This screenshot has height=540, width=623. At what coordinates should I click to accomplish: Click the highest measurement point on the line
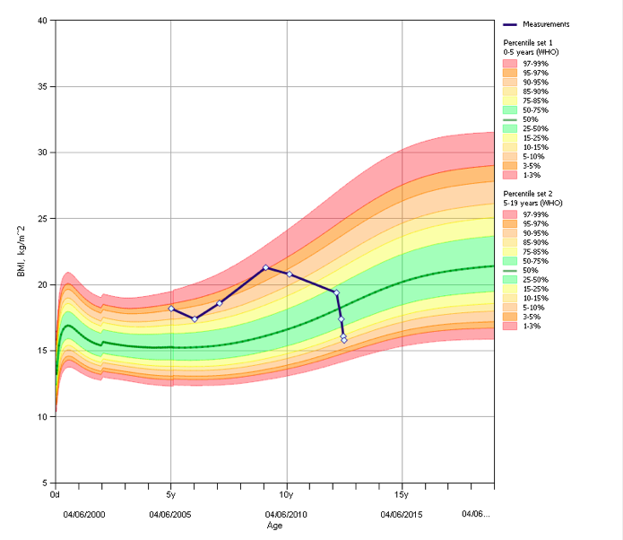265,267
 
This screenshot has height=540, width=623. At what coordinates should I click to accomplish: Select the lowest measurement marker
344,340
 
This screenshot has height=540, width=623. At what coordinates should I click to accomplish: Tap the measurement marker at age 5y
171,309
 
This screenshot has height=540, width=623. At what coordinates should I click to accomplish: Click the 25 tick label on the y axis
42,219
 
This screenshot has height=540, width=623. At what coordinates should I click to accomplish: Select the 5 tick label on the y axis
45,483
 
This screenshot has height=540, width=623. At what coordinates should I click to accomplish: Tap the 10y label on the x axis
286,494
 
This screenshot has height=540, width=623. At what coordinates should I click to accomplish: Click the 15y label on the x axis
402,494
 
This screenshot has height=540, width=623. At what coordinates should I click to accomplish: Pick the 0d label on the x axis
56,494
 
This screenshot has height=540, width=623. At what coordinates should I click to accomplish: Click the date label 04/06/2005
170,514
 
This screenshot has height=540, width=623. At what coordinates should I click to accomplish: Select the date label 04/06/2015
402,514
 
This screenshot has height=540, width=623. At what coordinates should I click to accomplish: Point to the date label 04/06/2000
84,514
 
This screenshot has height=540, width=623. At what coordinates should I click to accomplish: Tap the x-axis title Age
274,525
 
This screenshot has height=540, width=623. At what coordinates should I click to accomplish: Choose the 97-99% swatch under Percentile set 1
511,64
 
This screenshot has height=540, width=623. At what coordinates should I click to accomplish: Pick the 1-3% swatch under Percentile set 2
511,326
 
